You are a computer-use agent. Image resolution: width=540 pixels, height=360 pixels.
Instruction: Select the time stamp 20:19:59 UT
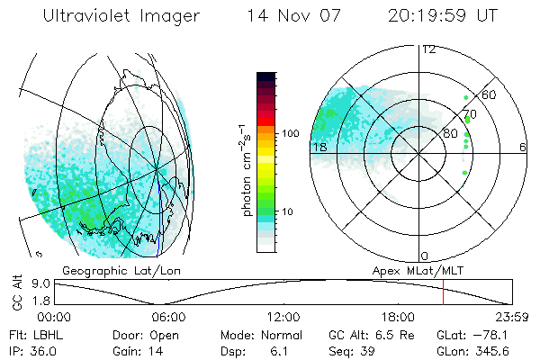pyautogui.click(x=442, y=16)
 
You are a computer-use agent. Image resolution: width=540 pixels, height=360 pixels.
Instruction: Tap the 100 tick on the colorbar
pyautogui.click(x=289, y=133)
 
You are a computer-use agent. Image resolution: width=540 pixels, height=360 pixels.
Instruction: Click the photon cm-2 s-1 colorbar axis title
pyautogui.click(x=247, y=166)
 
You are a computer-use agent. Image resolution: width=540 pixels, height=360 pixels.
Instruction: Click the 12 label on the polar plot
pyautogui.click(x=429, y=49)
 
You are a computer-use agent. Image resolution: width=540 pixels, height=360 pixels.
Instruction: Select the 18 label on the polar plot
pyautogui.click(x=319, y=147)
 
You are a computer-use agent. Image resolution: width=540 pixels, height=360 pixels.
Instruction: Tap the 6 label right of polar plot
pyautogui.click(x=522, y=147)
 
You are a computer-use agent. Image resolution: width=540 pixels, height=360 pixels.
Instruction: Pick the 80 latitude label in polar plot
pyautogui.click(x=438, y=134)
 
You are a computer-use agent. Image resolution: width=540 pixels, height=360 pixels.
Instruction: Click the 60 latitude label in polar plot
pyautogui.click(x=490, y=94)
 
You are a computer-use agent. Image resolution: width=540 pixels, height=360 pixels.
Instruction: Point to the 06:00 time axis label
pyautogui.click(x=168, y=317)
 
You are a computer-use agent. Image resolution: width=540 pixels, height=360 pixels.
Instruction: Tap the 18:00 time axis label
pyautogui.click(x=398, y=317)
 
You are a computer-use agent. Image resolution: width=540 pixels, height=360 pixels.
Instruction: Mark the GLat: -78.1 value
pyautogui.click(x=472, y=333)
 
